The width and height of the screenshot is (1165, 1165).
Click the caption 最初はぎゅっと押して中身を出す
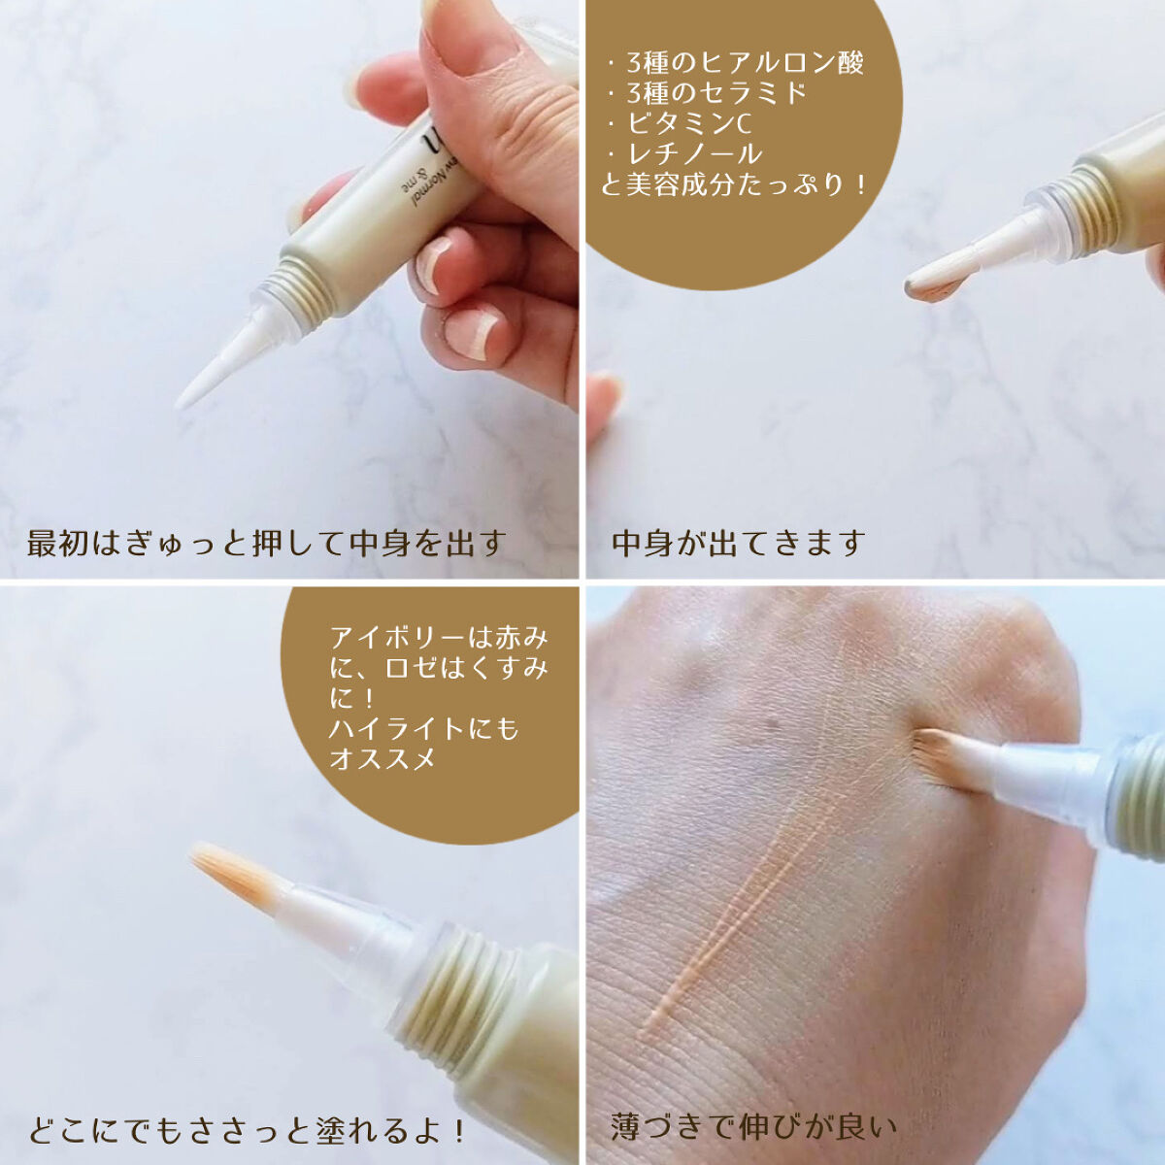pyautogui.click(x=266, y=543)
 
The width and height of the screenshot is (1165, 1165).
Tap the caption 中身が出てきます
pyautogui.click(x=738, y=543)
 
